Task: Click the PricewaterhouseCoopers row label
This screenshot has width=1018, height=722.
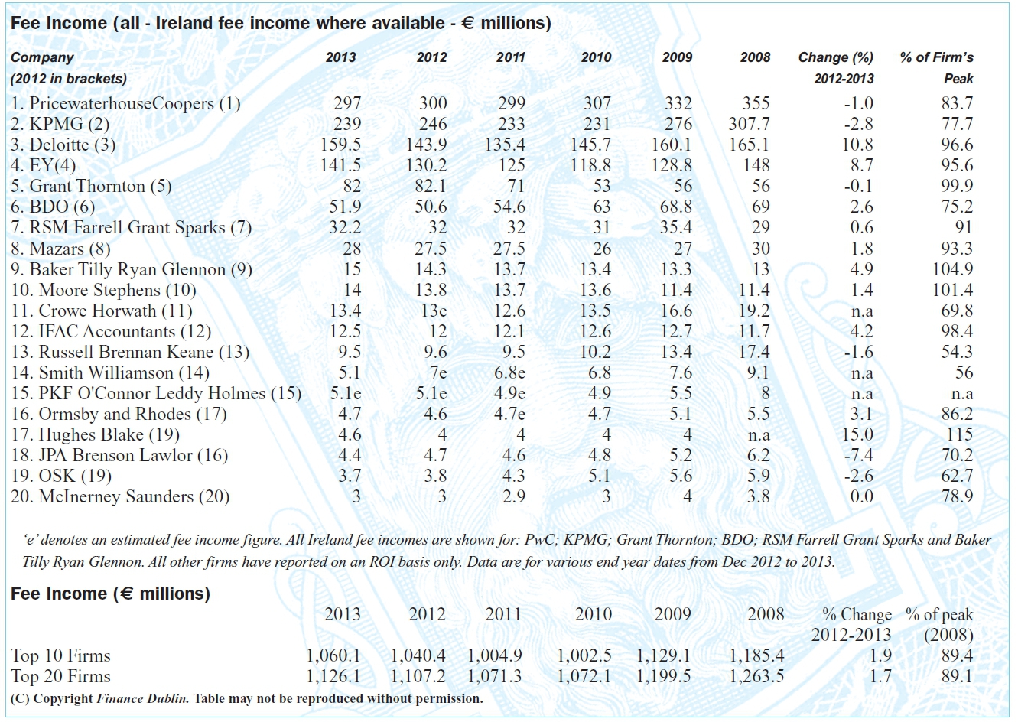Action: point(125,103)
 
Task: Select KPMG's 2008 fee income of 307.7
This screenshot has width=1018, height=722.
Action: point(749,124)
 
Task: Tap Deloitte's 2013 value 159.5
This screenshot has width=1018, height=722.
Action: point(340,145)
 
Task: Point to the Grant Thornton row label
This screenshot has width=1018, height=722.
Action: point(91,187)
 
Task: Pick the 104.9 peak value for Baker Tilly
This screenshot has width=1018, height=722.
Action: point(952,269)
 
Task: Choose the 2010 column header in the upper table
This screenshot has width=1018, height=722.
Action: point(597,57)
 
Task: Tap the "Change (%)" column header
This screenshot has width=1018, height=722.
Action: point(836,57)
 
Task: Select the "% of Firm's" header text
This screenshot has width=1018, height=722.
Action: point(937,57)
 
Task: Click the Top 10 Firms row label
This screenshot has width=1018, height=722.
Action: point(61,655)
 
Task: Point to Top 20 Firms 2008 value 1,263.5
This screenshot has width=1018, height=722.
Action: point(756,677)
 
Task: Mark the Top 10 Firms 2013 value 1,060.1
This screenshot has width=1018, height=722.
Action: point(333,655)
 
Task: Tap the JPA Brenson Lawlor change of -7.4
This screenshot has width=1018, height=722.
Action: point(858,455)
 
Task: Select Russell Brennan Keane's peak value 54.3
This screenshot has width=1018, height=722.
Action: point(957,352)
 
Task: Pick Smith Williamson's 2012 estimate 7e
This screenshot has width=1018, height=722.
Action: point(438,373)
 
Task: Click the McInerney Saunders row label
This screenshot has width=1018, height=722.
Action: point(120,496)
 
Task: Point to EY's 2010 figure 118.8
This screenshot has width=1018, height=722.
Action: point(590,165)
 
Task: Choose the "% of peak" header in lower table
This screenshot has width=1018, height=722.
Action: point(939,614)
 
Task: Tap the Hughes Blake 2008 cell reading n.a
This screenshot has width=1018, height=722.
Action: point(759,435)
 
